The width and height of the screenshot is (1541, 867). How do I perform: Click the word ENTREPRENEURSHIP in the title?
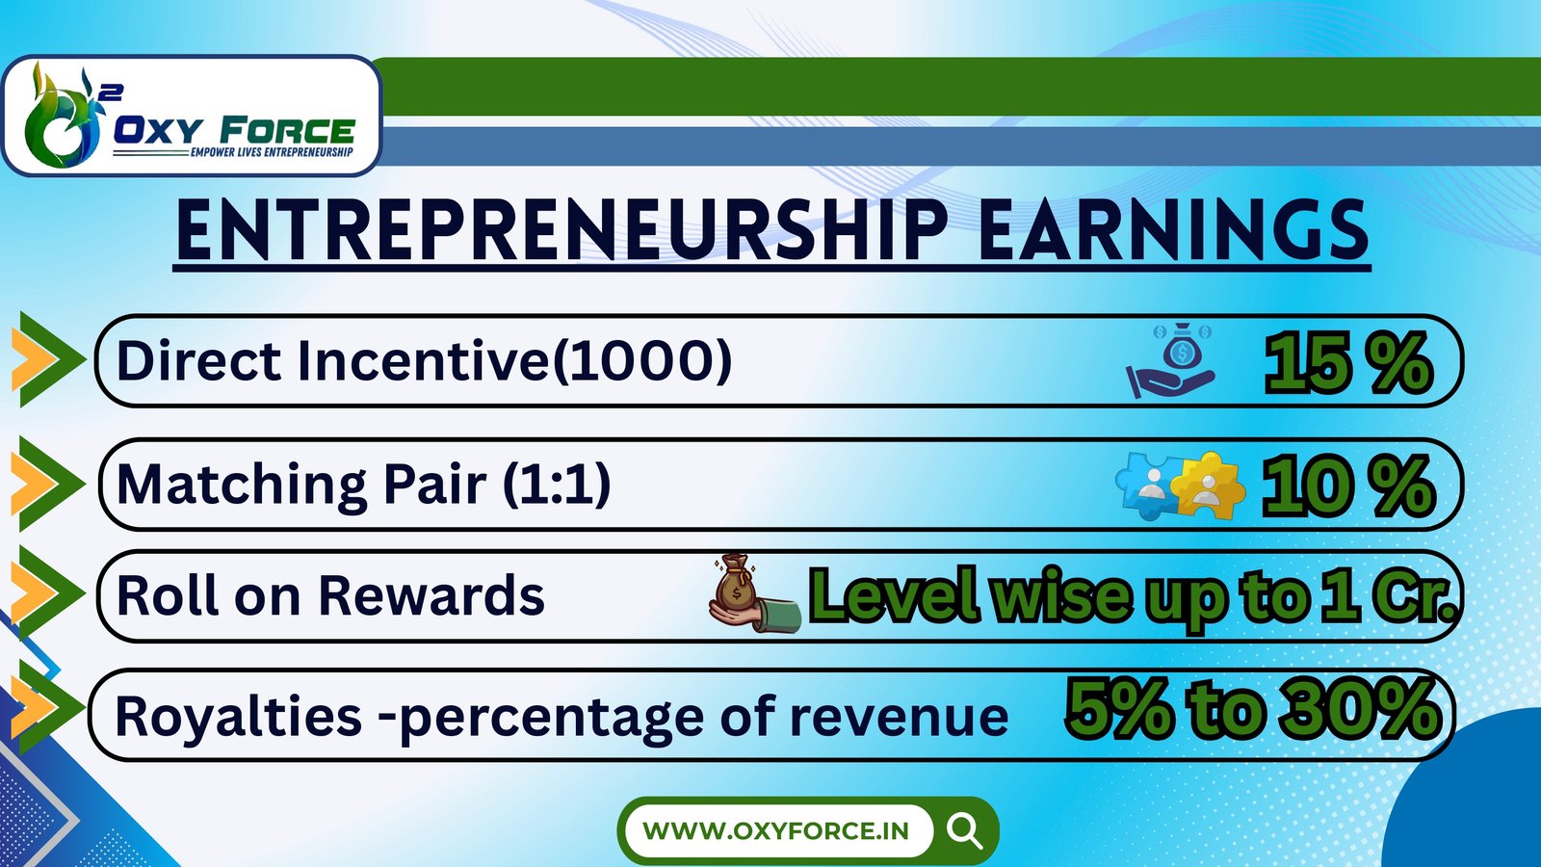(562, 230)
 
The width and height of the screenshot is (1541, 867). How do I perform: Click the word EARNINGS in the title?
(1174, 230)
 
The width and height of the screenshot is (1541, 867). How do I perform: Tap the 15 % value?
(1347, 362)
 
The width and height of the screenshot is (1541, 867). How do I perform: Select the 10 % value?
(1347, 486)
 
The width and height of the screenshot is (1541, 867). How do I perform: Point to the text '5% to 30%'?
(1252, 709)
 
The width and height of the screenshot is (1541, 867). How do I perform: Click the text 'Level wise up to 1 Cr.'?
(1133, 596)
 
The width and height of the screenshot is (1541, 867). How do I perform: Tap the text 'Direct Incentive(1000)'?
(424, 360)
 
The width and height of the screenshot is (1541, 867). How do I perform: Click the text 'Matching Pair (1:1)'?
(364, 485)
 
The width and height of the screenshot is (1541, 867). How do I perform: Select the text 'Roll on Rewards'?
(330, 595)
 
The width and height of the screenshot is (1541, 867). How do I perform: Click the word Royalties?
(238, 717)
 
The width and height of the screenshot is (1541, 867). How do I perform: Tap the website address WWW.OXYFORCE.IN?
(776, 830)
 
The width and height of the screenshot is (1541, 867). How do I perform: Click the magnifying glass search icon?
(964, 831)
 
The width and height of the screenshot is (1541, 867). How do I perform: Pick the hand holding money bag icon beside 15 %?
(1170, 360)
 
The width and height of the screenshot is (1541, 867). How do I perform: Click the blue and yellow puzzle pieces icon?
(1181, 486)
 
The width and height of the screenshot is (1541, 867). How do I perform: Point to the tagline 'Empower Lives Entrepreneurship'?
(271, 151)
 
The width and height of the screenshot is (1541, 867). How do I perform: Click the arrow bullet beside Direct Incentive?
(48, 359)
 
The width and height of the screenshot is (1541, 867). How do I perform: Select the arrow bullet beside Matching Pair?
(48, 483)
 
